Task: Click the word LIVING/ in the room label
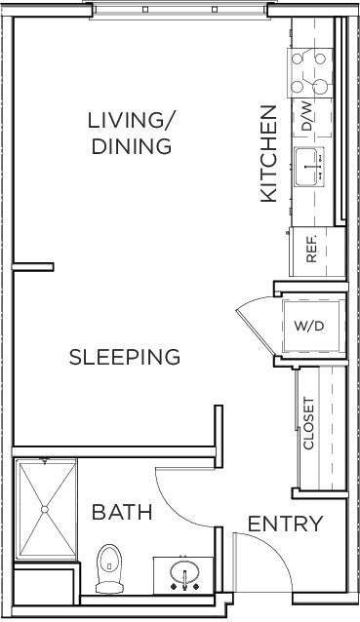coord(131,121)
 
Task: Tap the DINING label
coord(131,147)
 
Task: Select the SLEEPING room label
coord(125,357)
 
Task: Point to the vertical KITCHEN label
coord(269,153)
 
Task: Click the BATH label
coord(122,512)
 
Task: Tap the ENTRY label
coord(285,524)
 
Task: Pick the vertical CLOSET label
coord(309,424)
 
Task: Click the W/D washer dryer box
coord(311,325)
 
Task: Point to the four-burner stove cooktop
coord(310,70)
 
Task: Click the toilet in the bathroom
coord(109,564)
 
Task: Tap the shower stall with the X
coord(47,510)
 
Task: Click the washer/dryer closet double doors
coord(256,322)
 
